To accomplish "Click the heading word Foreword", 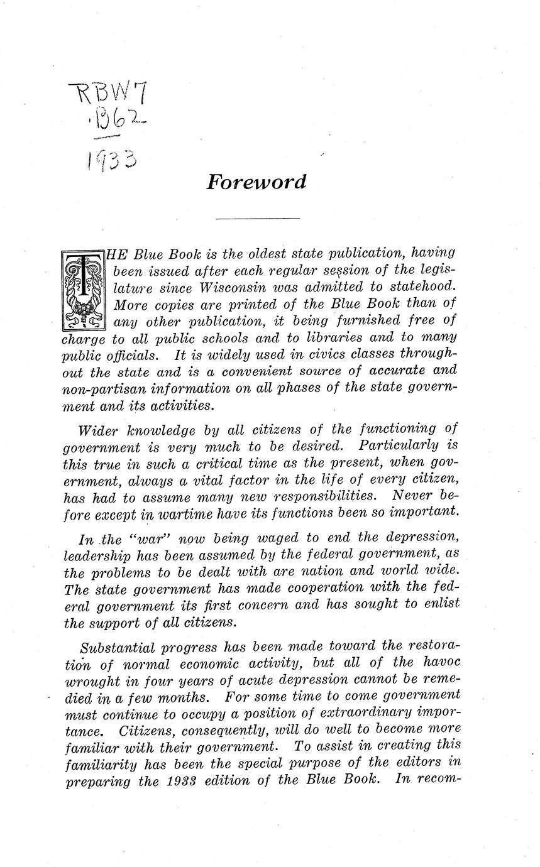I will point(256,182).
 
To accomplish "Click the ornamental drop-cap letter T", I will point(82,290).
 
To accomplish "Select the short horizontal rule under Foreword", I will point(257,218).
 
